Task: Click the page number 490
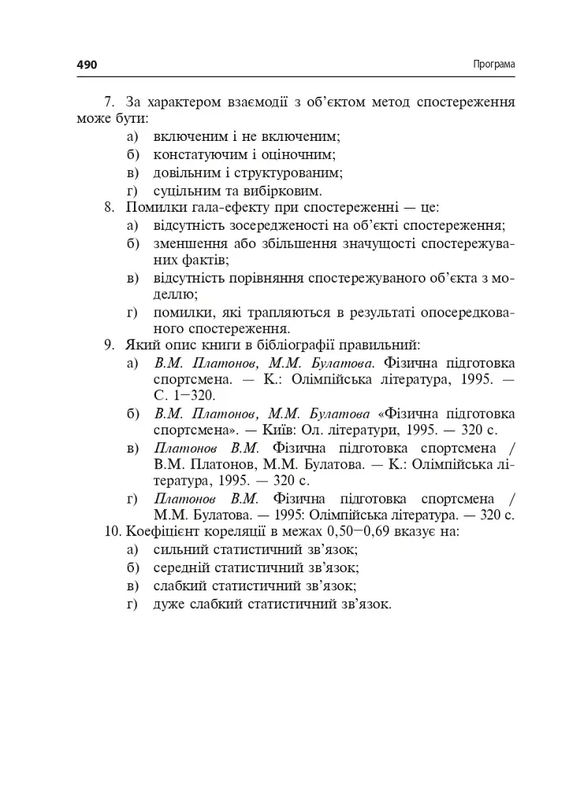click(x=87, y=65)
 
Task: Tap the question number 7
click(x=110, y=103)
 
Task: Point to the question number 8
click(x=110, y=209)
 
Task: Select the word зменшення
click(x=188, y=243)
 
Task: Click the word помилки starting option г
click(x=181, y=312)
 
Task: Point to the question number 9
click(x=110, y=345)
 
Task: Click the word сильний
click(x=182, y=551)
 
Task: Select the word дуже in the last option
click(x=169, y=604)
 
